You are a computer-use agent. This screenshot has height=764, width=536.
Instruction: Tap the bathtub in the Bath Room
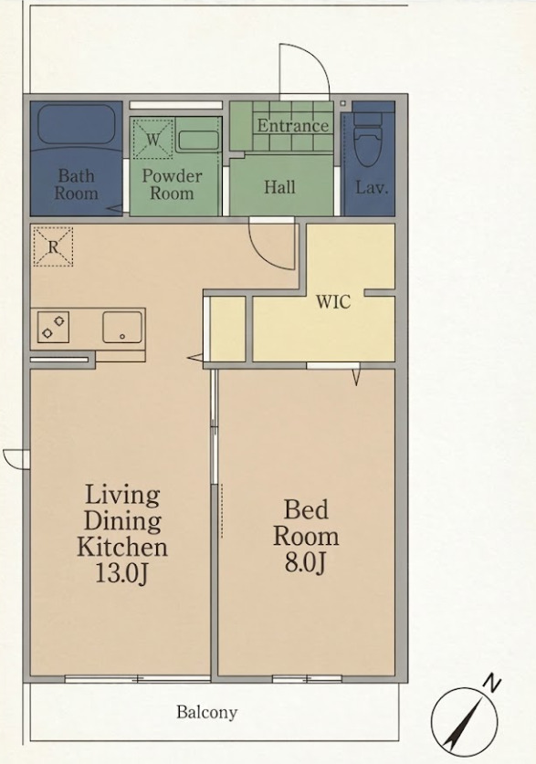pos(76,125)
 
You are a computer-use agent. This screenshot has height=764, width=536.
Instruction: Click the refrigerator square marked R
pos(53,246)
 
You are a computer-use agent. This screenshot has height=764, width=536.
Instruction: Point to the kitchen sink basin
pos(121,327)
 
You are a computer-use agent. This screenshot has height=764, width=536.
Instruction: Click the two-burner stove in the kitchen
pos(53,327)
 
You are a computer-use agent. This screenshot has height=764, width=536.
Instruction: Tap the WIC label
pos(333,302)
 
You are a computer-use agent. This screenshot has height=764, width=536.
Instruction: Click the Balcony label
pos(207,712)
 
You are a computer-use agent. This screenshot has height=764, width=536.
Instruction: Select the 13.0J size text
pos(121,573)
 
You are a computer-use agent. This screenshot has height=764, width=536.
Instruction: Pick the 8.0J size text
pos(305,563)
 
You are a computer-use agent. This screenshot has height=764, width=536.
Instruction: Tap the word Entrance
pos(293,126)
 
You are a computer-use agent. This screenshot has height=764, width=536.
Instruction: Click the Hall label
pos(279,187)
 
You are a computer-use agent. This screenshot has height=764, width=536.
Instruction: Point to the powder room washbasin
pos(197,141)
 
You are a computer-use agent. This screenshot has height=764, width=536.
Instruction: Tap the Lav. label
pos(372,188)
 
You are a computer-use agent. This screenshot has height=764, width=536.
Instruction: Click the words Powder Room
pos(172,184)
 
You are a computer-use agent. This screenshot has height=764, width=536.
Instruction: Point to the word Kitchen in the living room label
pos(122,547)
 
